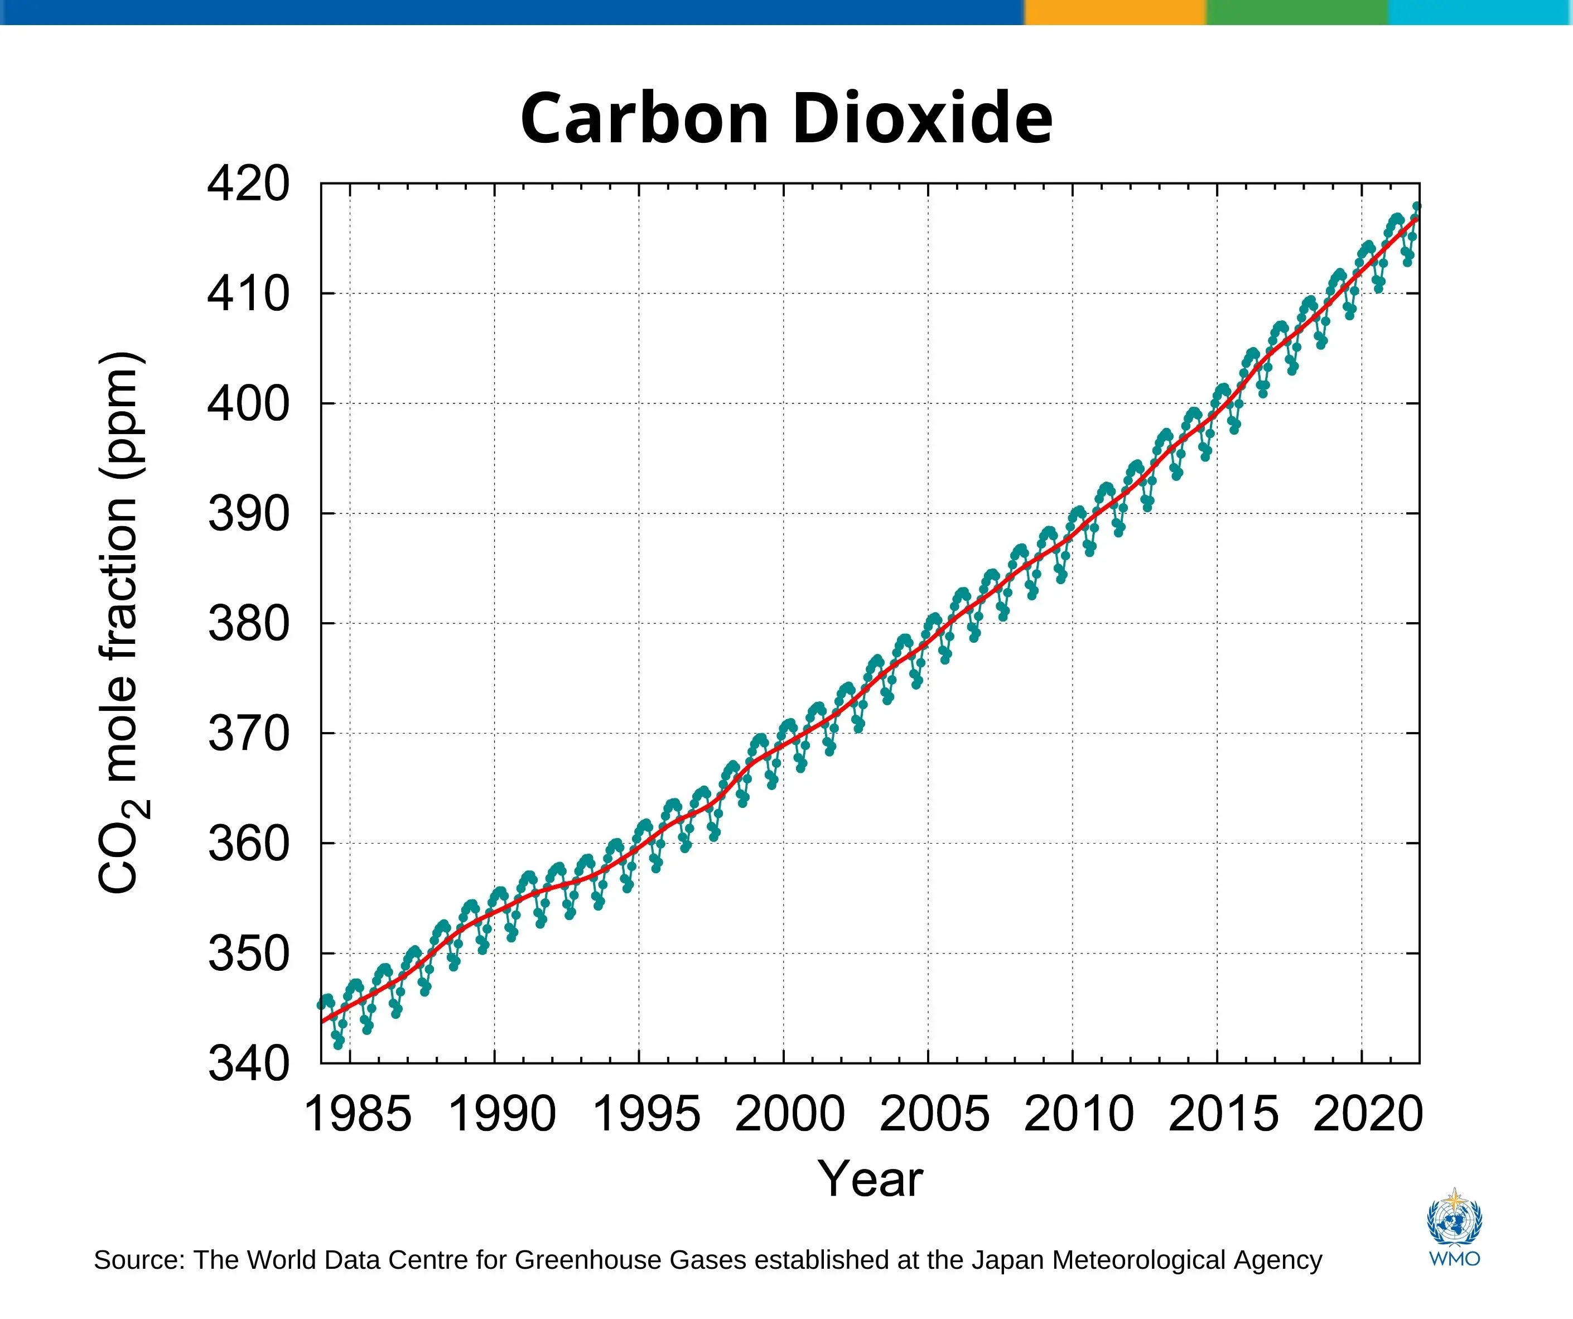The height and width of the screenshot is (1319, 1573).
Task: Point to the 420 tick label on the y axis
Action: click(x=248, y=184)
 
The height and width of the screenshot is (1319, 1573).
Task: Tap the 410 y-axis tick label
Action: click(x=248, y=294)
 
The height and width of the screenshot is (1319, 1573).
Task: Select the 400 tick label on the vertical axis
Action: click(x=248, y=404)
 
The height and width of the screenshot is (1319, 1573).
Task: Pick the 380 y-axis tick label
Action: click(x=248, y=624)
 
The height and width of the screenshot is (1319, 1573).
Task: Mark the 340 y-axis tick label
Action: click(x=248, y=1063)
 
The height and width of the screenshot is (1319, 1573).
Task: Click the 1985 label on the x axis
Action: click(x=358, y=1114)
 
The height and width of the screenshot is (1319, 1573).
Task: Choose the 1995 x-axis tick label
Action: click(x=646, y=1114)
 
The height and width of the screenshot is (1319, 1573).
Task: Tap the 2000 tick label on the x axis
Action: click(x=790, y=1114)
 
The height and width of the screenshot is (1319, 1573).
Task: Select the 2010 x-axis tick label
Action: click(x=1079, y=1114)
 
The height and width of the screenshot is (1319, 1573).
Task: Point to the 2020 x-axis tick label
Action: click(x=1368, y=1114)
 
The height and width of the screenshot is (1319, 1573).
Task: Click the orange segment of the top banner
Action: click(x=1114, y=12)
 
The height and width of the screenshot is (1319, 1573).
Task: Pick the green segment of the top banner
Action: click(x=1296, y=12)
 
